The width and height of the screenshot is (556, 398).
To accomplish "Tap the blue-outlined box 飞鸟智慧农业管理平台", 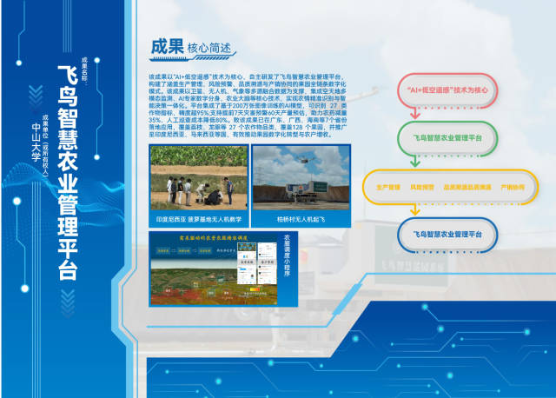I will coord(447,235).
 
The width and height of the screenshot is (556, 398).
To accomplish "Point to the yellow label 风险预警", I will coord(421,187).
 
